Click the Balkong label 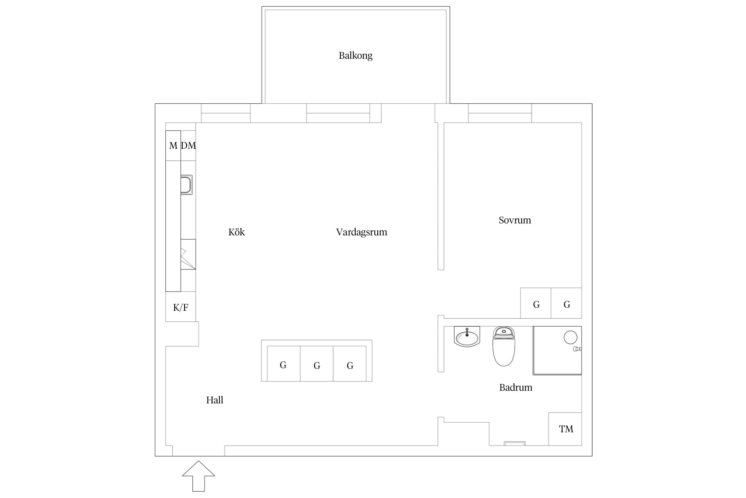coord(355,55)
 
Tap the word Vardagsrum coord(361,232)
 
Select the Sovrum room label coord(515,220)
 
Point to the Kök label coord(236,232)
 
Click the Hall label coord(215,400)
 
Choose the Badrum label coord(516,387)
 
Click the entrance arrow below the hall coord(199,476)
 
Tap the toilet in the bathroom coord(504,346)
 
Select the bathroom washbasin coord(467,336)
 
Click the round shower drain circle coord(570,337)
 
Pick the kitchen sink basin coord(186,185)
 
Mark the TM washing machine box coord(565,429)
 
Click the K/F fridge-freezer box coord(181,307)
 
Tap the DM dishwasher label coord(188,145)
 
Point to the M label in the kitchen coord(173,145)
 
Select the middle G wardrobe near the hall coord(317,364)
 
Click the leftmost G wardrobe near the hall coord(283,364)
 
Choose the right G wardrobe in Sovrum coord(566,303)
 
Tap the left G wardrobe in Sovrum coord(536,303)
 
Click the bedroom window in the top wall coord(500,113)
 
